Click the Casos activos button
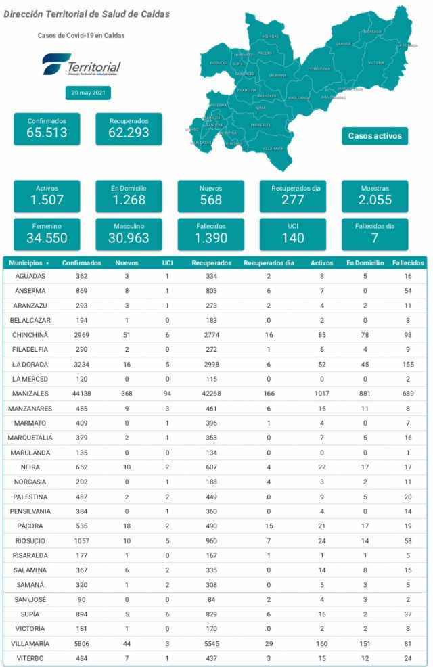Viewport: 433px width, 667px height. pos(375,136)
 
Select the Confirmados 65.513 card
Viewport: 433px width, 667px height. pos(47,129)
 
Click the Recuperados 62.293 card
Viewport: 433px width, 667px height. pos(129,129)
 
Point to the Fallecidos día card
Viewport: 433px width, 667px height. pos(375,233)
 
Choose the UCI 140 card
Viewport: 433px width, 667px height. pos(293,233)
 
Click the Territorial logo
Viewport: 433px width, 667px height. pos(81,67)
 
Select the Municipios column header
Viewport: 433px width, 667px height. pos(28,262)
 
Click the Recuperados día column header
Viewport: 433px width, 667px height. pos(269,262)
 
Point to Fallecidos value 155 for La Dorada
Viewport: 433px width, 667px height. pos(406,364)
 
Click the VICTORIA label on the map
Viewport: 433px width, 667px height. pos(376,62)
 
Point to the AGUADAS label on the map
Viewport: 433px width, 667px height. pos(269,36)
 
